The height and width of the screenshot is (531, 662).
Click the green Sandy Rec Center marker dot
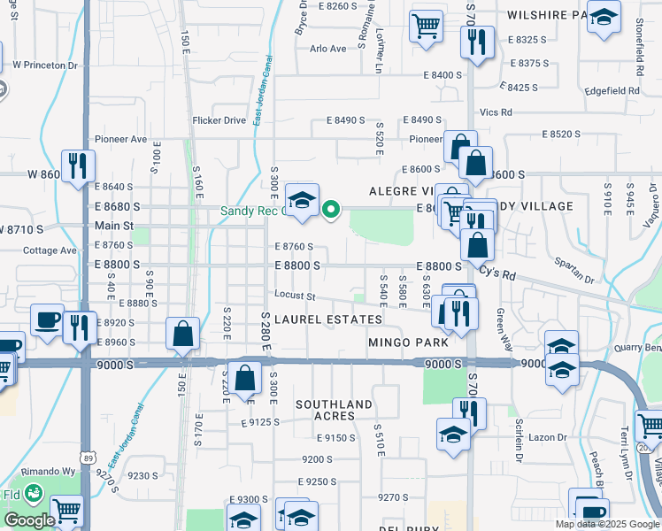click(331, 210)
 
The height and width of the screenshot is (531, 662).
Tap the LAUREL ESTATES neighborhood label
click(328, 319)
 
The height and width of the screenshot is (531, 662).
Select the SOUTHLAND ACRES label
click(334, 410)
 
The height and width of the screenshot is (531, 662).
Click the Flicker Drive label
click(219, 120)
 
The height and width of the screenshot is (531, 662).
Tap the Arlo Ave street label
click(328, 49)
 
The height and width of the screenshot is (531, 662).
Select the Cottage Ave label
click(50, 250)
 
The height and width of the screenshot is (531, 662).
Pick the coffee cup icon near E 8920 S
click(47, 319)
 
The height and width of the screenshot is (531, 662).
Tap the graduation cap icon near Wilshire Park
click(604, 17)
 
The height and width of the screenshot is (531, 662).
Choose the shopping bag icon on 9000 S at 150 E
click(182, 335)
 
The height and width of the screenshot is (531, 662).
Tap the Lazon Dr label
click(549, 437)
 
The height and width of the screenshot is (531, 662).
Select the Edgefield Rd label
click(612, 91)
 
